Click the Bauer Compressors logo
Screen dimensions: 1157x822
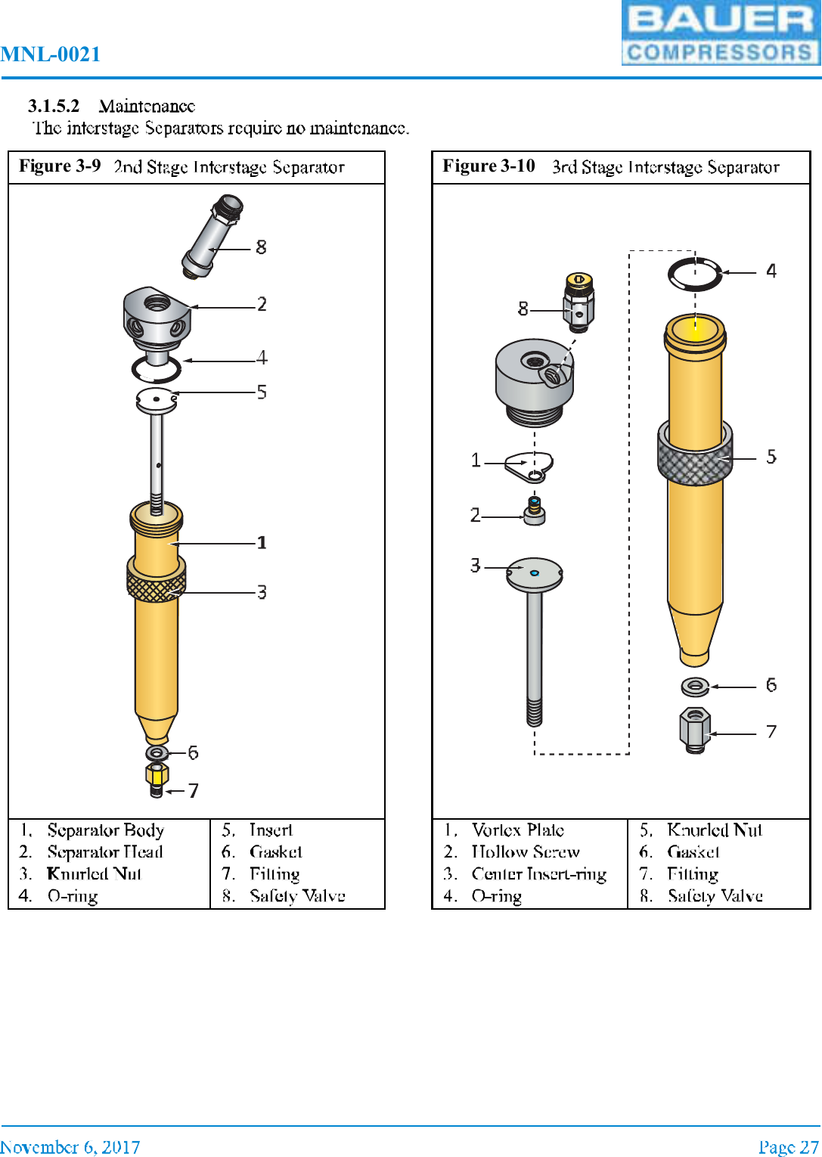tap(721, 33)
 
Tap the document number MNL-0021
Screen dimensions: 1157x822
tap(51, 54)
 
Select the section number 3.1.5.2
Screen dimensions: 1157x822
tap(54, 106)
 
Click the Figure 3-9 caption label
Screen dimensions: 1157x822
tap(60, 166)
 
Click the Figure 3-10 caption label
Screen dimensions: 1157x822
tap(489, 166)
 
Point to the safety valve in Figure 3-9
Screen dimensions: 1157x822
tap(212, 236)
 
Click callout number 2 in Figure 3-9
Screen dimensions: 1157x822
tap(262, 304)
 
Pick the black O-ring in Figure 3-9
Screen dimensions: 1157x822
tap(157, 370)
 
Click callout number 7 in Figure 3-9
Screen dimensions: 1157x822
tap(194, 791)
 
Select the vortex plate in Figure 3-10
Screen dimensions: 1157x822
tap(530, 466)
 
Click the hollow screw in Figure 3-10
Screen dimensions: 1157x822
tap(535, 511)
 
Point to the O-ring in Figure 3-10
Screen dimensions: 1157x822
tap(695, 274)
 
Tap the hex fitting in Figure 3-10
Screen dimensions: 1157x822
tap(694, 729)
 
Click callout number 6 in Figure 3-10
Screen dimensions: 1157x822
tap(771, 685)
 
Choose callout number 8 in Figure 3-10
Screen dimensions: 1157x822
tap(523, 309)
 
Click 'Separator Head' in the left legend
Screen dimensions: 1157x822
tap(105, 852)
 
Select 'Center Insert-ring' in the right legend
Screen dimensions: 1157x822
tap(539, 874)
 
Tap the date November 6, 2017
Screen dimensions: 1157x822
tap(70, 1147)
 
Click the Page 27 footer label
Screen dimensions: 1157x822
tap(789, 1147)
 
